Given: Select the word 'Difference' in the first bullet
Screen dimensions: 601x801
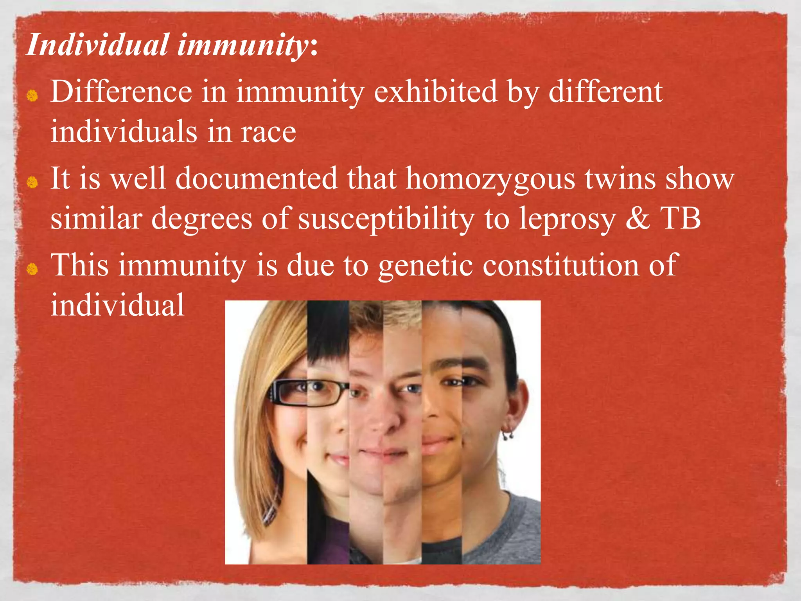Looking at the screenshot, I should (121, 92).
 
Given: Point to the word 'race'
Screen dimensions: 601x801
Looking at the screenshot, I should (268, 132).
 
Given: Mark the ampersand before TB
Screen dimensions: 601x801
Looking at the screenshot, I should (638, 219).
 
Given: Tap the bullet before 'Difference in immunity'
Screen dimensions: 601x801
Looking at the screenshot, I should (32, 95).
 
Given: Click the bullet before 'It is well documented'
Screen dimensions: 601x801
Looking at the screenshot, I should (32, 182).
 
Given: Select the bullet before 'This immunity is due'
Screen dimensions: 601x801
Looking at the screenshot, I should (32, 269).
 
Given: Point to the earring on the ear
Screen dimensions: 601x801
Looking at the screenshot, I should (509, 434).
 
